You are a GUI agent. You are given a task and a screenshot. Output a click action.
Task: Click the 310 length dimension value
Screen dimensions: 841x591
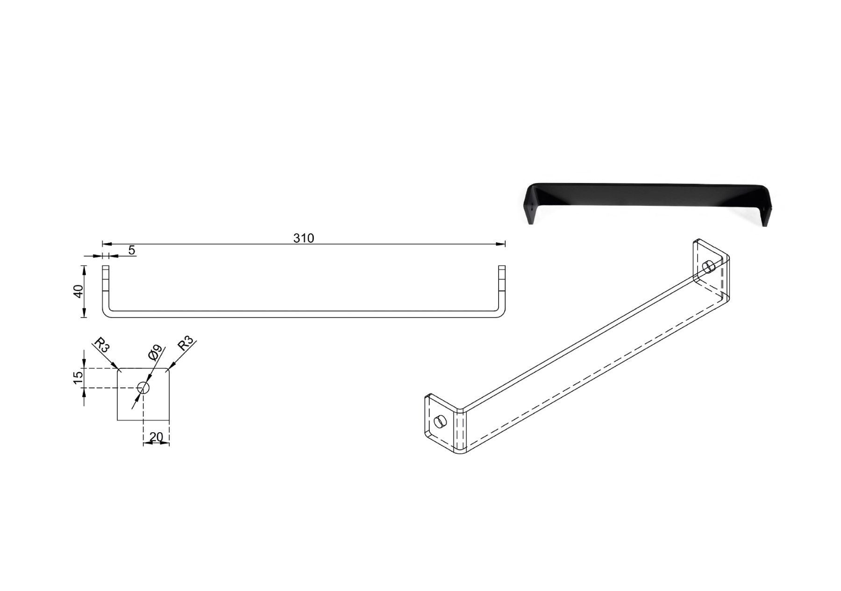tap(304, 238)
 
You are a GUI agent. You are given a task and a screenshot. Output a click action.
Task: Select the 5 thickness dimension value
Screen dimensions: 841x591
tap(132, 250)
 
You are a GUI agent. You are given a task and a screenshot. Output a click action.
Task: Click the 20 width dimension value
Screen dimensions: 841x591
tap(156, 436)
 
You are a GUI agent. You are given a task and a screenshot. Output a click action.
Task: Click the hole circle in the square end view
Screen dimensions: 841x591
tap(143, 387)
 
